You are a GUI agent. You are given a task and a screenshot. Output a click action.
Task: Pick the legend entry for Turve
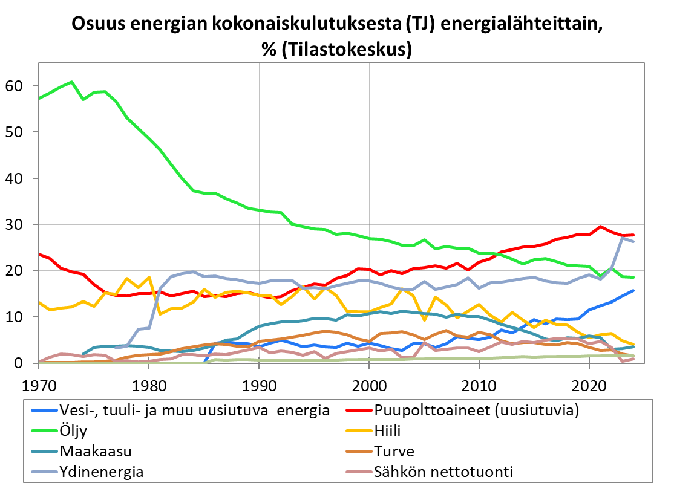coord(394,451)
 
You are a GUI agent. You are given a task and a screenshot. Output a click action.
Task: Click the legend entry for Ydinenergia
coord(101,472)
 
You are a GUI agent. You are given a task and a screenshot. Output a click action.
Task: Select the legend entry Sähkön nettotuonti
coord(443,472)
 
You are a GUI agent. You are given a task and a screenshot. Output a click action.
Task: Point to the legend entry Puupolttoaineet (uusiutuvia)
coord(477,411)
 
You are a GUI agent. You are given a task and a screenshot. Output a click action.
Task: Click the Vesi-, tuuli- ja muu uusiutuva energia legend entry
coord(194,411)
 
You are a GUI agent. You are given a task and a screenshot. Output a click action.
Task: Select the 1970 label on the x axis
coord(39,384)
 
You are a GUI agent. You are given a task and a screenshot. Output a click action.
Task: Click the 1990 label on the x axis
coord(259,384)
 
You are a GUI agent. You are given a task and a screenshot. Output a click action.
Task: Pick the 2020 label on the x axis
coord(589,384)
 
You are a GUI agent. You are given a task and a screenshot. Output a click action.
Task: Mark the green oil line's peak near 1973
coord(71,82)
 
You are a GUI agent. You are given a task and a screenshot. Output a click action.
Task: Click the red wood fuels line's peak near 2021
coord(600,227)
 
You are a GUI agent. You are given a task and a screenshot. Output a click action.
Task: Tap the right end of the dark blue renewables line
coord(633,290)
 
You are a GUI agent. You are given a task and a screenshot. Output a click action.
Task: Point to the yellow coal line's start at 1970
coord(39,302)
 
